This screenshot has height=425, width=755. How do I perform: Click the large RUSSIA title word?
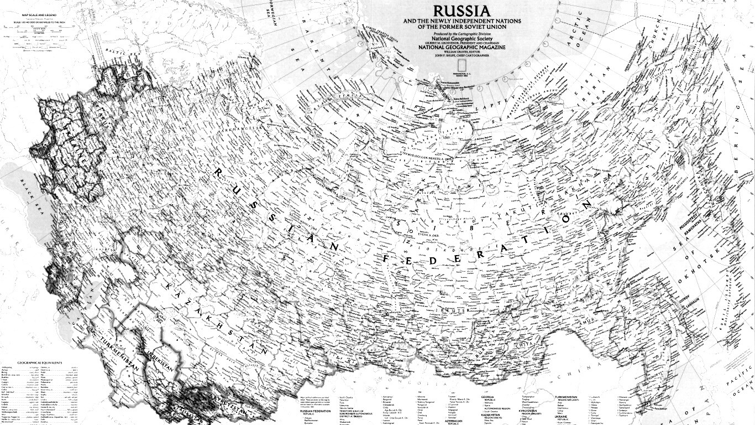coord(461,11)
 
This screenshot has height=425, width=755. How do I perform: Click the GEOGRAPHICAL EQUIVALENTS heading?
coord(40,363)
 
